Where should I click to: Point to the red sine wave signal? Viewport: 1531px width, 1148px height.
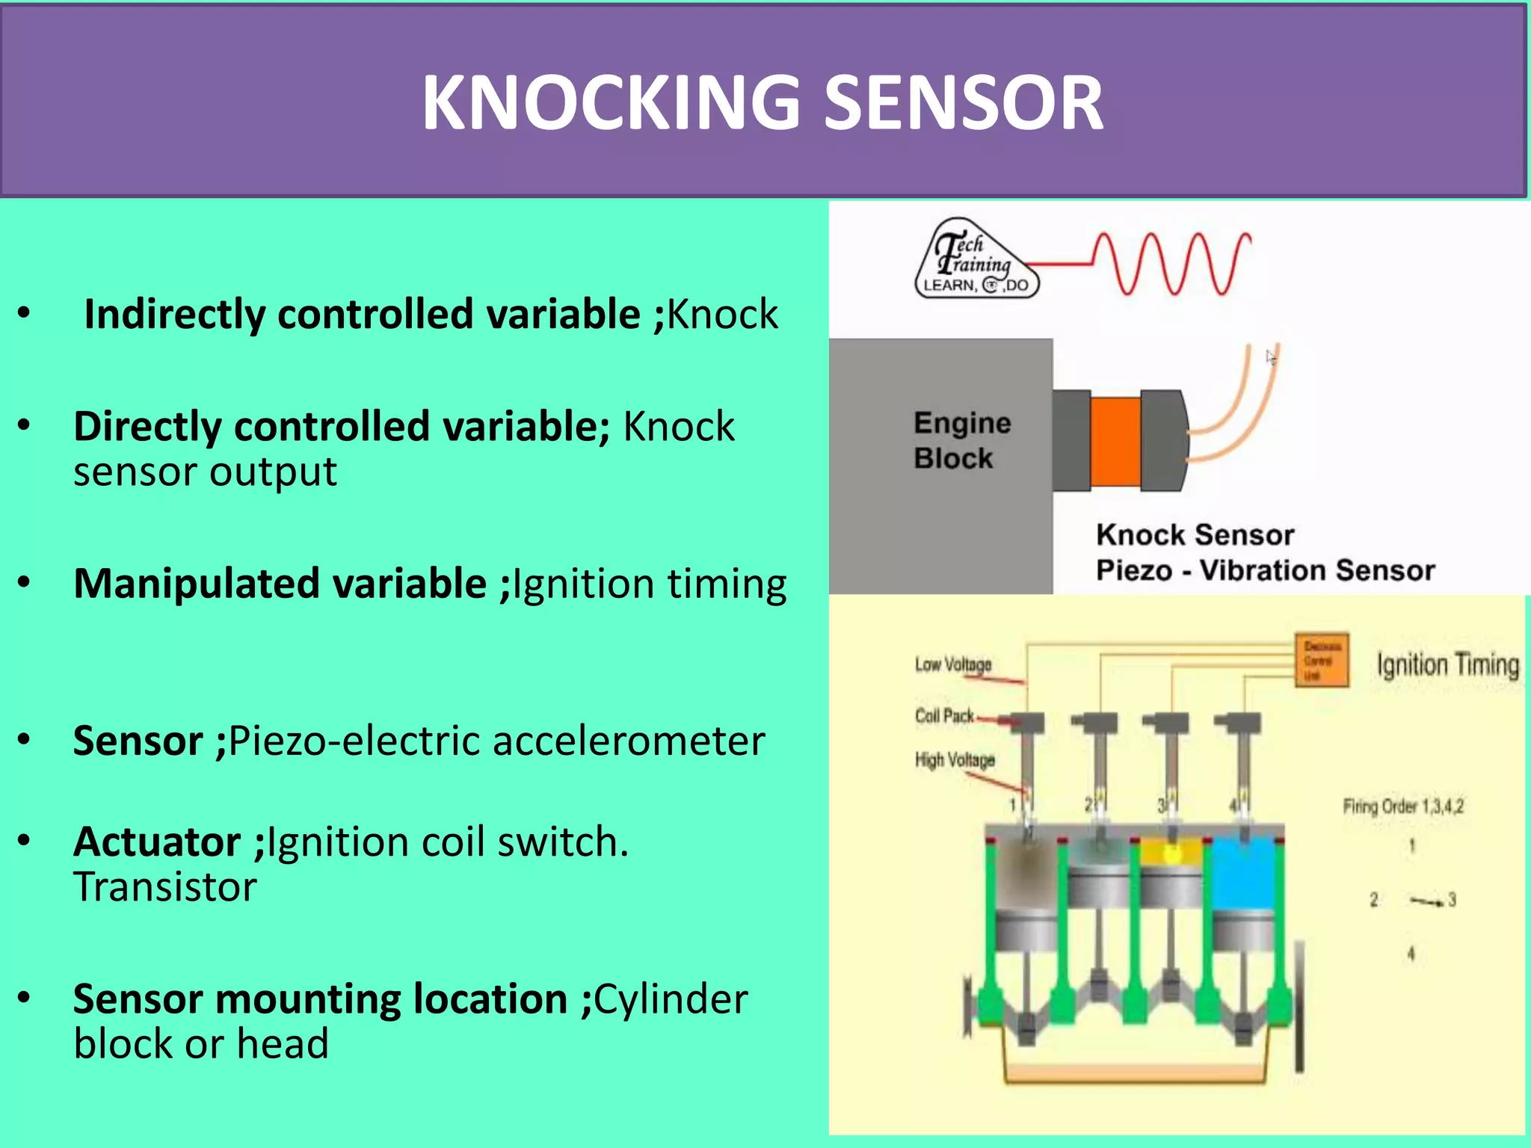1174,263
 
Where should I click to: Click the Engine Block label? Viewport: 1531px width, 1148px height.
961,440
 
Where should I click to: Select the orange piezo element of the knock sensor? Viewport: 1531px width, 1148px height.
1115,441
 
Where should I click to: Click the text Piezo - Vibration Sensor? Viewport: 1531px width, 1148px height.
1265,570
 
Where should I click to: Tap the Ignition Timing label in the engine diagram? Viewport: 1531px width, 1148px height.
1448,664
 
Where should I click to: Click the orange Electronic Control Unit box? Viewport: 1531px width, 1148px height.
1322,659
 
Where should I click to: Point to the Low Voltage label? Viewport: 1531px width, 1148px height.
953,664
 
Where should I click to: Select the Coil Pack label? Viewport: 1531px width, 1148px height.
944,716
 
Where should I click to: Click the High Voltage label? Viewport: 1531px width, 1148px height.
955,760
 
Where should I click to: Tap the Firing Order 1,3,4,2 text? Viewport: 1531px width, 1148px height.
1403,806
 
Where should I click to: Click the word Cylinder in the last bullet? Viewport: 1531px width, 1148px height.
671,999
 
